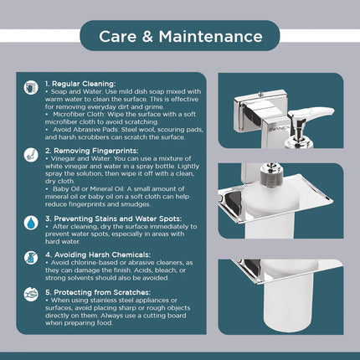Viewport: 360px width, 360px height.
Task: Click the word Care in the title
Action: tap(117, 37)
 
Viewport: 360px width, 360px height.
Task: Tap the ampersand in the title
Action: tap(147, 37)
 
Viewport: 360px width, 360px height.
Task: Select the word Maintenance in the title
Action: tap(211, 37)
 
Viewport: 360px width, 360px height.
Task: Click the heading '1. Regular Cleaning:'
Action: tap(80, 84)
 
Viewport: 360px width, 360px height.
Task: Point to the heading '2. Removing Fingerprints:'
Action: tap(92, 151)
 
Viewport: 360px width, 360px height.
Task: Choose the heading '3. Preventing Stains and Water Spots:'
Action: tap(114, 219)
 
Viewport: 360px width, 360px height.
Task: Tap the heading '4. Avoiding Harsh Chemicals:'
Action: tap(98, 255)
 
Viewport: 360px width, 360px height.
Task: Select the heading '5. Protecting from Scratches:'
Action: tap(98, 292)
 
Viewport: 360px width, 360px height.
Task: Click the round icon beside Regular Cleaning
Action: tap(31, 88)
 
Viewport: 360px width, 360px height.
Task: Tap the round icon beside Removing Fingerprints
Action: tap(31, 155)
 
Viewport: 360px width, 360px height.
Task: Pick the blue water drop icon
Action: tap(31, 223)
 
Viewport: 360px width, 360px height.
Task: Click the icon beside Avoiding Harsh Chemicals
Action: tap(31, 258)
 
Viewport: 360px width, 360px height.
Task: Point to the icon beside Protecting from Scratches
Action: tap(31, 295)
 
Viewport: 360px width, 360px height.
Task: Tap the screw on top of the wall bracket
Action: tap(261, 94)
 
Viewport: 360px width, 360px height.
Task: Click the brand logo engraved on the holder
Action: tap(277, 130)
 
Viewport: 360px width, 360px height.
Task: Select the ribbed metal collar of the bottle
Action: tap(270, 179)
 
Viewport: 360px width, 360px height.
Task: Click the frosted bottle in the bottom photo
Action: tap(290, 303)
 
